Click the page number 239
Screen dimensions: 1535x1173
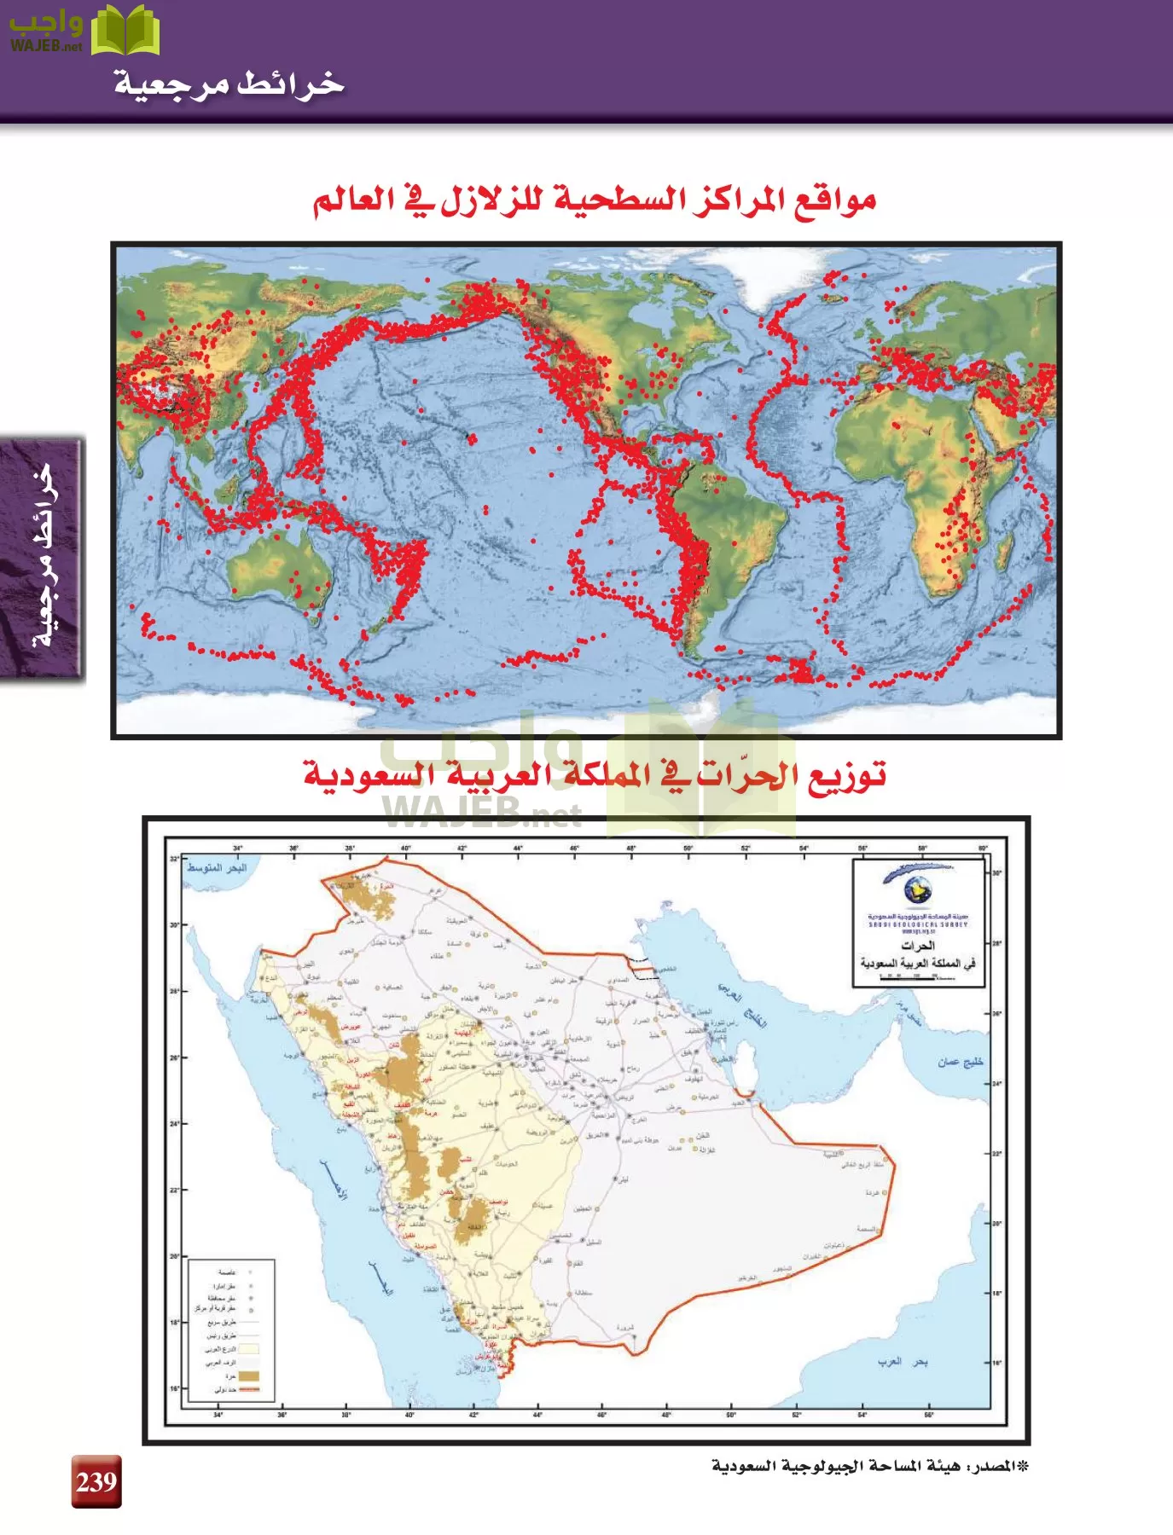pyautogui.click(x=96, y=1482)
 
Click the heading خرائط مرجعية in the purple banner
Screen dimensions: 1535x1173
pyautogui.click(x=229, y=84)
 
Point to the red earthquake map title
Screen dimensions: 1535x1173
pyautogui.click(x=595, y=201)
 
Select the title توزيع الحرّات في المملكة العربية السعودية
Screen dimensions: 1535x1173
pyautogui.click(x=595, y=776)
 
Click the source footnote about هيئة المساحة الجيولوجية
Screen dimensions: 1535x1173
pyautogui.click(x=870, y=1467)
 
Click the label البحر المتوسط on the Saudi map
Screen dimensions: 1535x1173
pyautogui.click(x=217, y=867)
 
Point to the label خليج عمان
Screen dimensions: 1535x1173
pyautogui.click(x=961, y=1062)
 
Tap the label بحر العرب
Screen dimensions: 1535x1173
pyautogui.click(x=903, y=1362)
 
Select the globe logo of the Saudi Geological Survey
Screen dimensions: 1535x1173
pyautogui.click(x=918, y=889)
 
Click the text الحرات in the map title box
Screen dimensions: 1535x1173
pyautogui.click(x=918, y=946)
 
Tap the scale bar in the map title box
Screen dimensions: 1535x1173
pyautogui.click(x=918, y=977)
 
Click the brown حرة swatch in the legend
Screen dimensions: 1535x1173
pyautogui.click(x=248, y=1376)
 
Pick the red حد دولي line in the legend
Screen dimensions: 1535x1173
pyautogui.click(x=248, y=1390)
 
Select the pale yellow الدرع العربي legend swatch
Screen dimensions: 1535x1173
pyautogui.click(x=248, y=1349)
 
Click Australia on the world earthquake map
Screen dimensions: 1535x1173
pyautogui.click(x=277, y=566)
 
